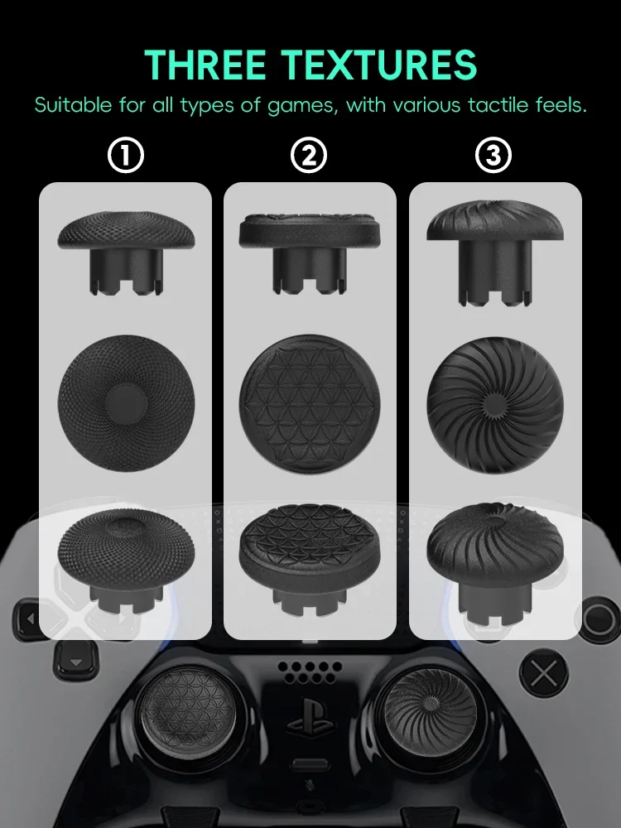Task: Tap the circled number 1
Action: [126, 156]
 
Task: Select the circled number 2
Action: [310, 156]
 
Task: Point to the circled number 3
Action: [493, 156]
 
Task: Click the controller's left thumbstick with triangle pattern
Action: [176, 704]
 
